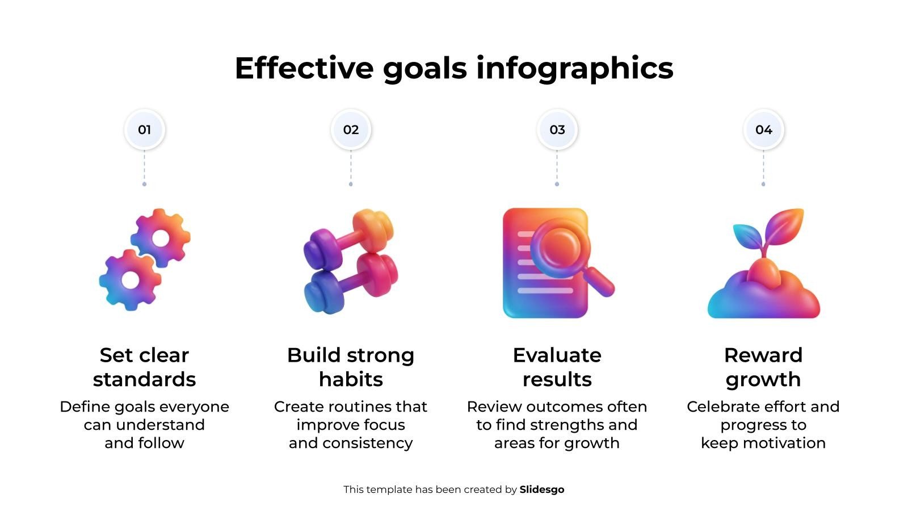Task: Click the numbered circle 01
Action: [x=144, y=130]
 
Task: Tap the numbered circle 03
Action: [x=557, y=130]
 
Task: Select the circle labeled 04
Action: [x=764, y=130]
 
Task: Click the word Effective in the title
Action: [x=304, y=68]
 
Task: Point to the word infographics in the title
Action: [x=575, y=69]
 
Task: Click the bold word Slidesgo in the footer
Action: [x=542, y=489]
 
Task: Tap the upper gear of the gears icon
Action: [x=161, y=238]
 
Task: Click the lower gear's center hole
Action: [x=131, y=280]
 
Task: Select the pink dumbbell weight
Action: [x=377, y=275]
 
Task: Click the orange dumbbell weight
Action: [x=373, y=231]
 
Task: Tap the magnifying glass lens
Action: [x=560, y=248]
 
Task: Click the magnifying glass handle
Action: [x=599, y=282]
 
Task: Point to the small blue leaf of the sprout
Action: [x=749, y=236]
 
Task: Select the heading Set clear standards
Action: [x=144, y=367]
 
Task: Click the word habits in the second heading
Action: [x=351, y=380]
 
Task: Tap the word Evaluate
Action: [x=557, y=355]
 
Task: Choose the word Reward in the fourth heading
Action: [x=763, y=355]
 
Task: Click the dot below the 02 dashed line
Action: [x=351, y=184]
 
